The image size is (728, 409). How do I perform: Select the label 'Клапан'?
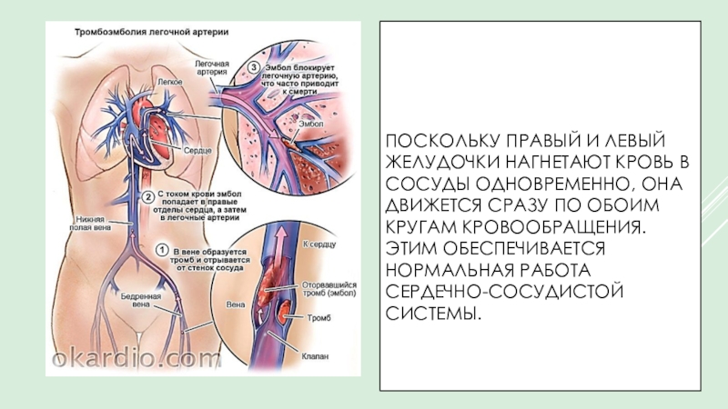coord(315,357)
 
